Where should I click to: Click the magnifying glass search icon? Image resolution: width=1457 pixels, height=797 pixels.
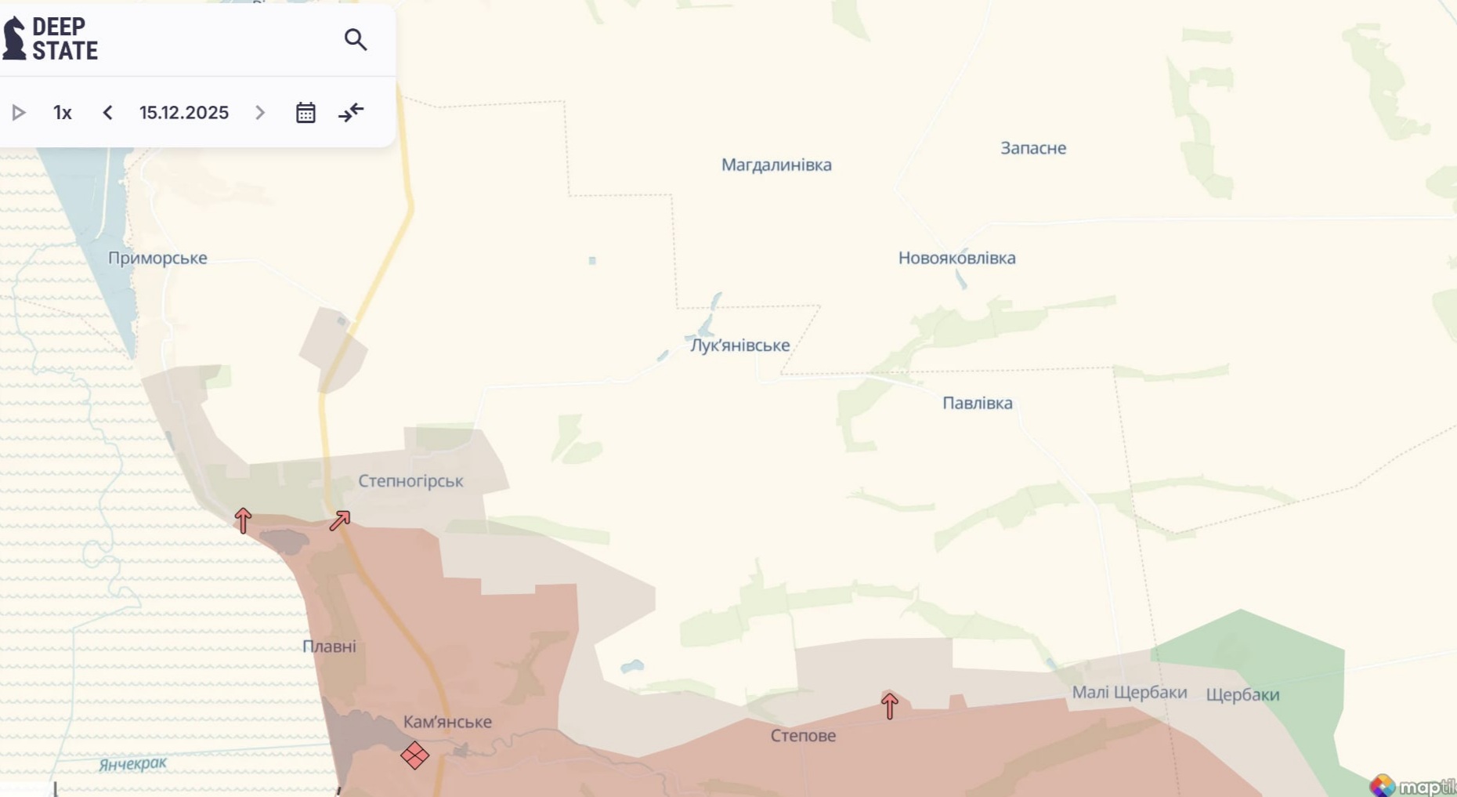[x=356, y=39]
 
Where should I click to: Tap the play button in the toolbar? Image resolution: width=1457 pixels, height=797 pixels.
[x=19, y=113]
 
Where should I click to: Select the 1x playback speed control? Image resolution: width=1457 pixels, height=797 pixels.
[x=63, y=113]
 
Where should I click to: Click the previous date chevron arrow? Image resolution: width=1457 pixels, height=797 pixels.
[x=107, y=113]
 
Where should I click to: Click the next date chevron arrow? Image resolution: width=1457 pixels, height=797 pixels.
[x=260, y=113]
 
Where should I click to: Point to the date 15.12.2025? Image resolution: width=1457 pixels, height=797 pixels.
[x=184, y=113]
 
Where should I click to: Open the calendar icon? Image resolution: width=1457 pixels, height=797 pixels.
[x=305, y=113]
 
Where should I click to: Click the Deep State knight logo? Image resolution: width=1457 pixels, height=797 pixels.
[x=14, y=38]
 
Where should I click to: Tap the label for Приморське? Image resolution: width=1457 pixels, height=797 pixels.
[x=157, y=258]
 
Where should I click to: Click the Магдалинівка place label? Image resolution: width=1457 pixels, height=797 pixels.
[x=776, y=165]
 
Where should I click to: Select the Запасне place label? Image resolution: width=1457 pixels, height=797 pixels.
[x=1033, y=148]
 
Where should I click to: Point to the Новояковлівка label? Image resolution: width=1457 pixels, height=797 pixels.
[x=956, y=258]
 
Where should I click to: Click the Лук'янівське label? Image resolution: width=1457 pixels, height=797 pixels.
[x=739, y=345]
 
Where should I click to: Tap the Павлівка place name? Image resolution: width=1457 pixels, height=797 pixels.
[x=977, y=403]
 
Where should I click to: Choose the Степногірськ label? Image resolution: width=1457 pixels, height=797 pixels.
[x=410, y=480]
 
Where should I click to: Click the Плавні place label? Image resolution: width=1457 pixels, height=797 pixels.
[x=329, y=647]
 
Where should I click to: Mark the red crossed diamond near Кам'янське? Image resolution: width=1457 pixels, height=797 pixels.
[x=414, y=755]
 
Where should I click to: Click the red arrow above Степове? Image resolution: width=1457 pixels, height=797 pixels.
[x=889, y=706]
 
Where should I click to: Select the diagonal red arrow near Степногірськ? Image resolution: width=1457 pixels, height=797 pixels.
[x=340, y=520]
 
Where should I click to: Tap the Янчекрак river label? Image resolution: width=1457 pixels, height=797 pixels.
[x=133, y=763]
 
